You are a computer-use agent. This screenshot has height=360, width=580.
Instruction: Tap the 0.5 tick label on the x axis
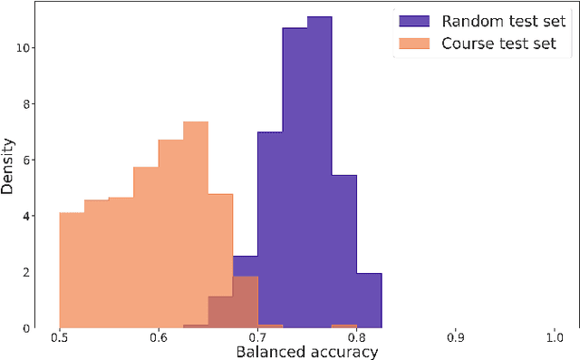pyautogui.click(x=59, y=337)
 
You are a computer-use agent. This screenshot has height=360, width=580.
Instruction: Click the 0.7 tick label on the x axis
pyautogui.click(x=257, y=337)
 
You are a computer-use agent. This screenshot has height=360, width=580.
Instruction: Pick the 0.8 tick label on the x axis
pyautogui.click(x=356, y=337)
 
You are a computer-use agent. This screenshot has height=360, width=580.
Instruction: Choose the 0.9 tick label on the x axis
pyautogui.click(x=456, y=337)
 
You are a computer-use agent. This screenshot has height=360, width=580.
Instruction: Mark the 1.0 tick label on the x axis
pyautogui.click(x=555, y=337)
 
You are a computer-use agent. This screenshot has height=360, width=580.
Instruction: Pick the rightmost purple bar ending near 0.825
pyautogui.click(x=369, y=299)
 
